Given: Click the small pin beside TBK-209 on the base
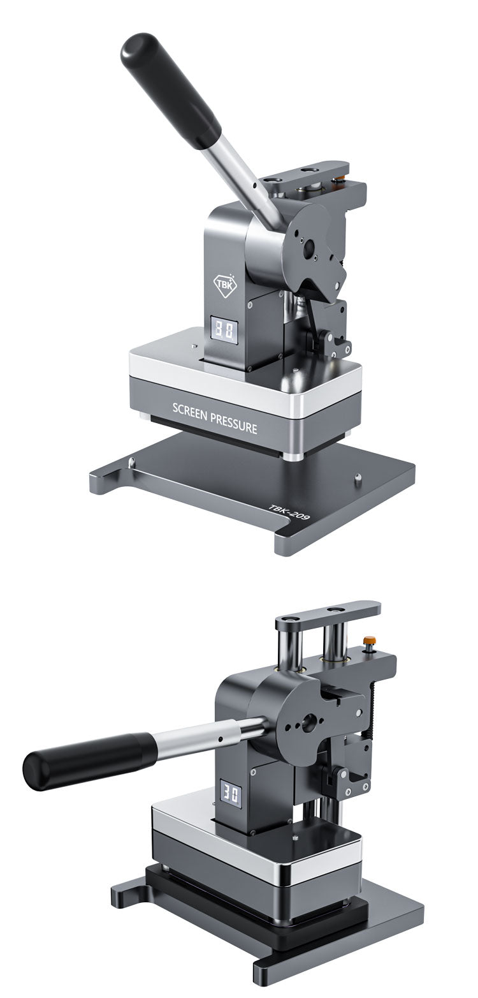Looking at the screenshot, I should pos(358,476).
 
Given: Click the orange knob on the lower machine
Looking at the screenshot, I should pos(368,639).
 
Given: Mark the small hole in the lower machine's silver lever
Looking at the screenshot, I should pos(220,740).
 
